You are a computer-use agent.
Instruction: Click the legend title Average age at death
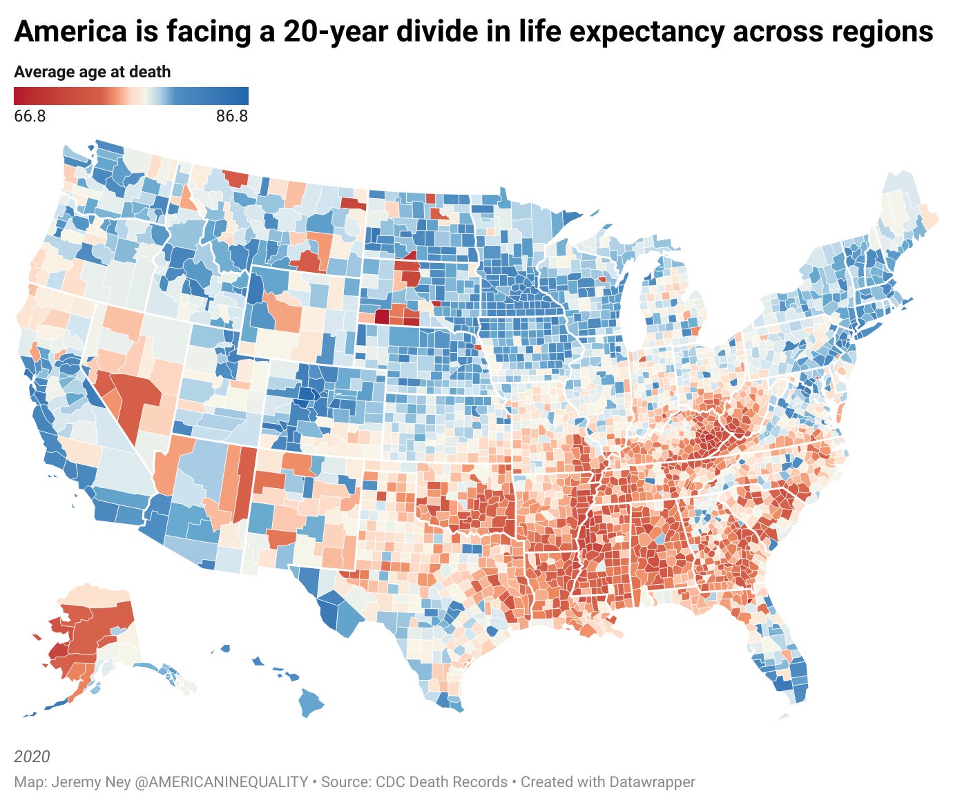point(92,72)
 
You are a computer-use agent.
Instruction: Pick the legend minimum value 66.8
point(30,116)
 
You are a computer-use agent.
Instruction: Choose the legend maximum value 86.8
point(231,116)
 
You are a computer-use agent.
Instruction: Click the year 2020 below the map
point(32,756)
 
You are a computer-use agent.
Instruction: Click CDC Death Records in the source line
point(441,782)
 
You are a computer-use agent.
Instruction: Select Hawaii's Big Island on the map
point(311,703)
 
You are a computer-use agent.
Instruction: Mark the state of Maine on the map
point(901,207)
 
